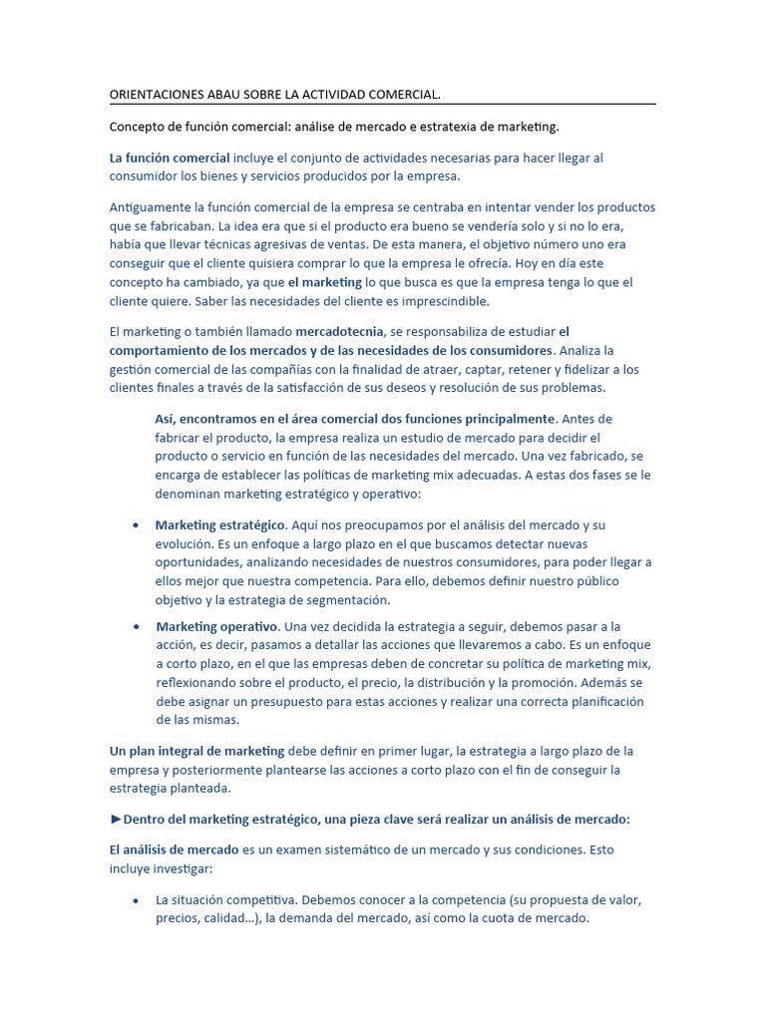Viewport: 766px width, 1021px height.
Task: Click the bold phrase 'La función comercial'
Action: coord(170,158)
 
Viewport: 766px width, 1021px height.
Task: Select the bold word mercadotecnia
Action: coord(338,332)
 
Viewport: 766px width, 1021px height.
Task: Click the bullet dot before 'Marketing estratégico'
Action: coord(135,525)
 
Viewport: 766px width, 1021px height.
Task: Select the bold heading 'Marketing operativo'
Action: coord(216,626)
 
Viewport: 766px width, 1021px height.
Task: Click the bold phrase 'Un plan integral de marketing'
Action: coord(197,751)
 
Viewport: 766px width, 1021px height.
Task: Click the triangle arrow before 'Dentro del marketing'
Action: coord(116,820)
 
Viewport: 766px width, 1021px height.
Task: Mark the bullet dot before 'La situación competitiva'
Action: coord(135,900)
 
